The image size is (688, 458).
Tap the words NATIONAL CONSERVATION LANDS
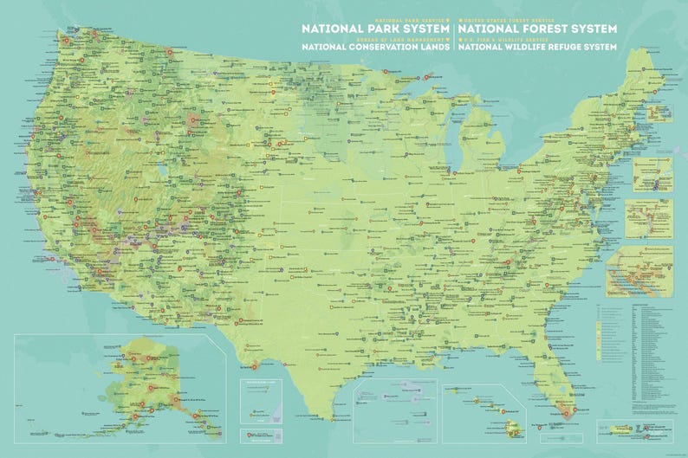tap(375, 48)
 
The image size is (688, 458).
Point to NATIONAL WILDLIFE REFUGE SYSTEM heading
tap(537, 48)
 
